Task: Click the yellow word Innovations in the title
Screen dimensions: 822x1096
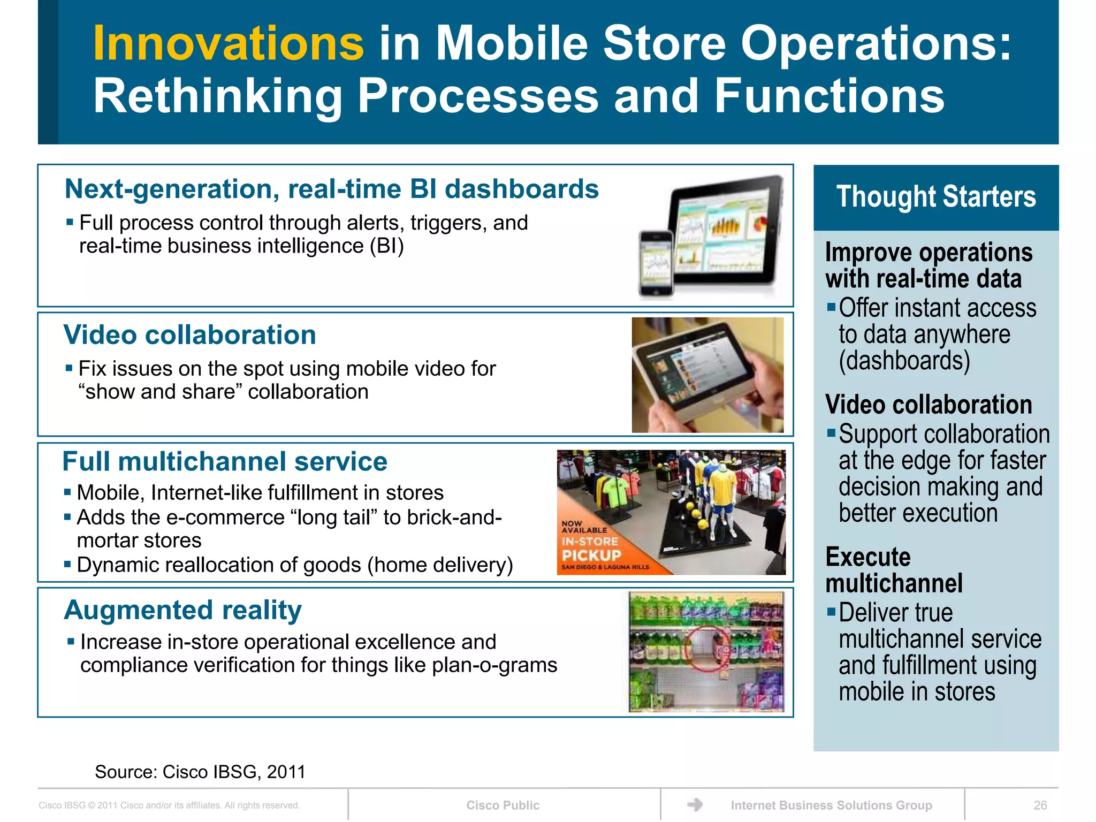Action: click(229, 44)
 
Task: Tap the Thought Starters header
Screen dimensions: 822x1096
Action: click(935, 196)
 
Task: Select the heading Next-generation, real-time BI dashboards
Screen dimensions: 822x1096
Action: click(331, 189)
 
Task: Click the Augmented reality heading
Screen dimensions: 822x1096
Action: click(182, 610)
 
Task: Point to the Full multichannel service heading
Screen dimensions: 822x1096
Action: click(225, 461)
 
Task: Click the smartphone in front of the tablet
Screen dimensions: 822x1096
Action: click(656, 263)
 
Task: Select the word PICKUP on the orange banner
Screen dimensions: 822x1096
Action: click(591, 555)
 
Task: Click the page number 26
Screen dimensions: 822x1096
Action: click(1040, 805)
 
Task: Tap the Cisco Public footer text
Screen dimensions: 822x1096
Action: click(503, 805)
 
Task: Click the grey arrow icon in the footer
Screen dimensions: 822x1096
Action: click(695, 804)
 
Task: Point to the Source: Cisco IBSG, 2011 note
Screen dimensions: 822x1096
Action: click(200, 772)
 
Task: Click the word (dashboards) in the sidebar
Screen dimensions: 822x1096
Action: click(904, 360)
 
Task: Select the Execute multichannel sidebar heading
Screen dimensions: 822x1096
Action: click(894, 570)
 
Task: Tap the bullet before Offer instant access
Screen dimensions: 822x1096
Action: click(831, 307)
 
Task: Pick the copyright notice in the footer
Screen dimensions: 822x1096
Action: click(169, 805)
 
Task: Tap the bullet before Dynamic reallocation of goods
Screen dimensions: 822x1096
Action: click(67, 564)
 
